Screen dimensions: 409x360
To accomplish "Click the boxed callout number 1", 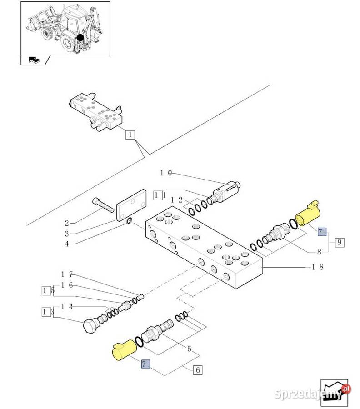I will [x=130, y=135].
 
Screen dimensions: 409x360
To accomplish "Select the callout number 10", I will [x=166, y=173].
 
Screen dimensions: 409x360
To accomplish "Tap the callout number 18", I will [x=318, y=267].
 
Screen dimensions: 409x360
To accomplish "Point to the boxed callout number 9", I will [x=339, y=242].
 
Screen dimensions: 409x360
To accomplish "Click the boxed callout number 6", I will [x=197, y=370].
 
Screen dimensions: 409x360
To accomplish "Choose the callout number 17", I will [x=67, y=274].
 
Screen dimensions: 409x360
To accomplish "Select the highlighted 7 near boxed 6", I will [x=145, y=364].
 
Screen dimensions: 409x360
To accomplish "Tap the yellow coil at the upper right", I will [x=309, y=214].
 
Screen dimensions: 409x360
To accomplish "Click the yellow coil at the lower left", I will [x=124, y=350].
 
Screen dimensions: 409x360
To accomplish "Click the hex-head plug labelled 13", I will [x=90, y=326].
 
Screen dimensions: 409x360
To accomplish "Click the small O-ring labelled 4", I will [x=130, y=221].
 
